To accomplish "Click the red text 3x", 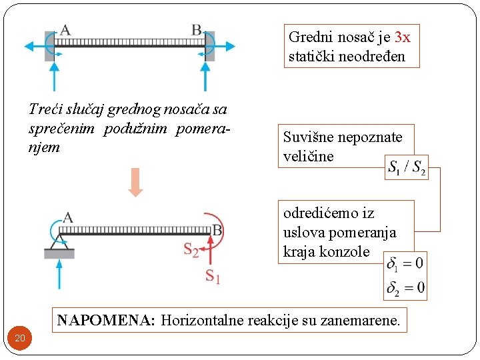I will pyautogui.click(x=402, y=37).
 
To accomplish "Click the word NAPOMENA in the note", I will pyautogui.click(x=105, y=321).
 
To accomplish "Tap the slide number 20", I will pyautogui.click(x=20, y=339).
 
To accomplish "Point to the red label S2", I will pyautogui.click(x=191, y=250).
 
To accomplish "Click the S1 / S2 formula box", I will pyautogui.click(x=407, y=167).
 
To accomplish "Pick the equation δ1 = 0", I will pyautogui.click(x=406, y=263).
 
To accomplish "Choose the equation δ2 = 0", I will pyautogui.click(x=406, y=288).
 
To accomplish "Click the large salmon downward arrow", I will pyautogui.click(x=135, y=181).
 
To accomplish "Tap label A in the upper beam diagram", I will pyautogui.click(x=65, y=29).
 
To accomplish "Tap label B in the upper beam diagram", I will pyautogui.click(x=197, y=29).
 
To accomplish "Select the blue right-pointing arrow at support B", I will pyautogui.click(x=223, y=47).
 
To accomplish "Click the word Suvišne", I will pyautogui.click(x=309, y=138).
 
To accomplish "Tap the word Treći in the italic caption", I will pyautogui.click(x=46, y=109).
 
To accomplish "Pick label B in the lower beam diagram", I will pyautogui.click(x=217, y=231).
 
